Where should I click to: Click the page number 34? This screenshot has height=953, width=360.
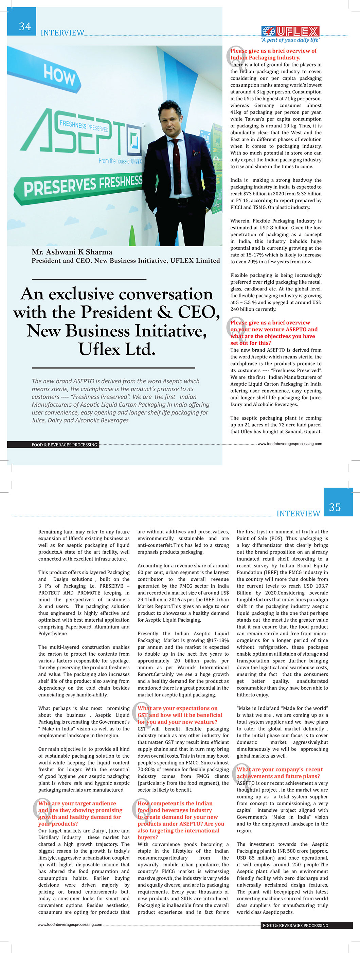click(x=25, y=27)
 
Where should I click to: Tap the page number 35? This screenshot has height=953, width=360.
click(x=335, y=507)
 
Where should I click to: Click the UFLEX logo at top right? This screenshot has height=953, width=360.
click(x=290, y=31)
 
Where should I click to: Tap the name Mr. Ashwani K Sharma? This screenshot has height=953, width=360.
click(x=72, y=252)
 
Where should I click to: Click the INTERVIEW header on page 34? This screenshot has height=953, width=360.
click(x=62, y=33)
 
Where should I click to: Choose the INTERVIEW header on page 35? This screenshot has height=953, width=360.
click(x=298, y=513)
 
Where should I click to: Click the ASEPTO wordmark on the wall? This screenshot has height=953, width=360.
click(x=82, y=134)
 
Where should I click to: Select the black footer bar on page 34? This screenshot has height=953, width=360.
click(x=53, y=445)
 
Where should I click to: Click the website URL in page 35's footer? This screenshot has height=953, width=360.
click(x=70, y=924)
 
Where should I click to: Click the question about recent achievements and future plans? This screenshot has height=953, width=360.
click(x=280, y=773)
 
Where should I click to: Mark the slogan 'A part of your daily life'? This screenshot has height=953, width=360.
click(x=290, y=40)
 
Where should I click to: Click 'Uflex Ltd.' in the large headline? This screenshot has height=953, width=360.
click(x=116, y=349)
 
